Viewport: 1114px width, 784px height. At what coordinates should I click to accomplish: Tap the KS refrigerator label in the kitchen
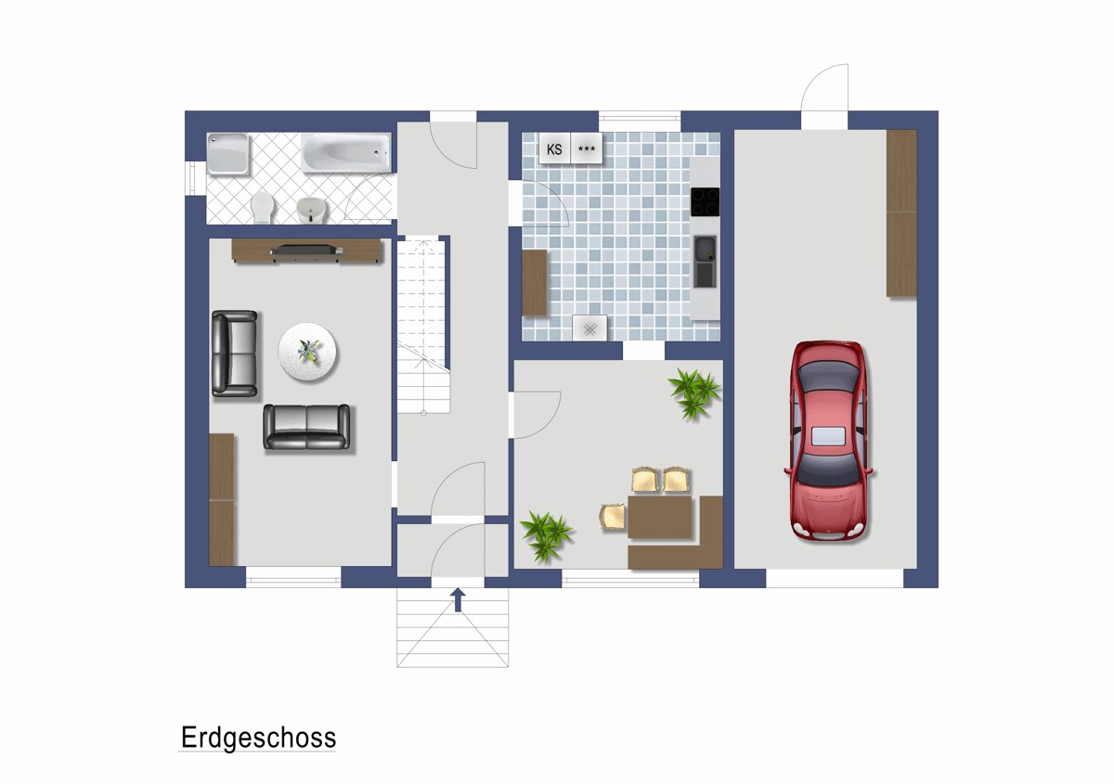click(x=554, y=149)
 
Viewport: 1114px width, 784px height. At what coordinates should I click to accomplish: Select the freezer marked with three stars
click(x=587, y=148)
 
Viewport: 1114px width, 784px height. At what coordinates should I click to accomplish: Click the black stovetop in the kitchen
click(x=705, y=202)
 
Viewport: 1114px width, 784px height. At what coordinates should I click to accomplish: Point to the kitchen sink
click(x=705, y=262)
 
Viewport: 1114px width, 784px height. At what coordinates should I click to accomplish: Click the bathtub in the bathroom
click(x=346, y=152)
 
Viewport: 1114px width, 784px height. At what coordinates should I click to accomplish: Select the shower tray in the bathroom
click(x=227, y=154)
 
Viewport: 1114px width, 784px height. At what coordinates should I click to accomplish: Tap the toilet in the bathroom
click(x=263, y=208)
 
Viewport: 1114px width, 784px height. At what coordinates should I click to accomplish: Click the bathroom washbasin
click(x=312, y=211)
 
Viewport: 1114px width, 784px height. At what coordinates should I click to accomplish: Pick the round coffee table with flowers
click(x=307, y=352)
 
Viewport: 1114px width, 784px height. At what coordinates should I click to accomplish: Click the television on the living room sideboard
click(x=306, y=249)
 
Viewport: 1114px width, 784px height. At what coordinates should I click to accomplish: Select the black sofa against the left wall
click(x=234, y=353)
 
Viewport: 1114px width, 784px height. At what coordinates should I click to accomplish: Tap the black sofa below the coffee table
click(x=306, y=427)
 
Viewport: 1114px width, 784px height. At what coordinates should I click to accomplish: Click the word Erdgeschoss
click(x=259, y=739)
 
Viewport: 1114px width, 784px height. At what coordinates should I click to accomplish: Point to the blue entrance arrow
click(x=458, y=599)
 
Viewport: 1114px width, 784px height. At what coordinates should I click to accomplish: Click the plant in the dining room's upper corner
click(x=694, y=392)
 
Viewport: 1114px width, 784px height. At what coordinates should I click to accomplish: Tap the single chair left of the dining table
click(x=613, y=517)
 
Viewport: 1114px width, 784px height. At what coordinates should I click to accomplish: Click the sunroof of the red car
click(x=828, y=436)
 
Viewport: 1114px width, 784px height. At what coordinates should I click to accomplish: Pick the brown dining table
click(x=659, y=517)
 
